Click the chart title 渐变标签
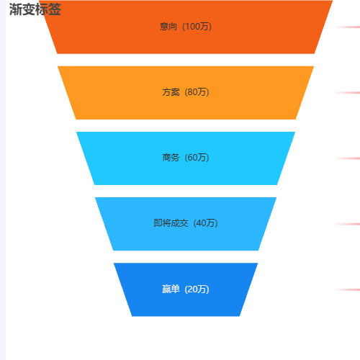[x=35, y=9]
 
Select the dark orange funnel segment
[x=186, y=27]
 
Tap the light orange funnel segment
[x=186, y=93]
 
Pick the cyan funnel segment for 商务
[x=186, y=158]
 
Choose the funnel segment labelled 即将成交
[x=186, y=224]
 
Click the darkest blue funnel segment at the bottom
[x=186, y=289]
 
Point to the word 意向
[x=168, y=27]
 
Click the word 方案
[x=171, y=92]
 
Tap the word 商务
[x=171, y=158]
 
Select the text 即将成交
[x=171, y=223]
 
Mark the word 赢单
[x=171, y=289]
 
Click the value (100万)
[x=197, y=27]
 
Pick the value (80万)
[x=197, y=92]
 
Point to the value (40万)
[x=205, y=223]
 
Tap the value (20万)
[x=197, y=289]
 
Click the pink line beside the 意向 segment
[x=347, y=27]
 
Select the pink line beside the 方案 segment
[x=347, y=93]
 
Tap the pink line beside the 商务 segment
[x=347, y=158]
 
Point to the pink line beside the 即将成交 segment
[x=347, y=224]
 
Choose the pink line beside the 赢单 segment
[x=347, y=289]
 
